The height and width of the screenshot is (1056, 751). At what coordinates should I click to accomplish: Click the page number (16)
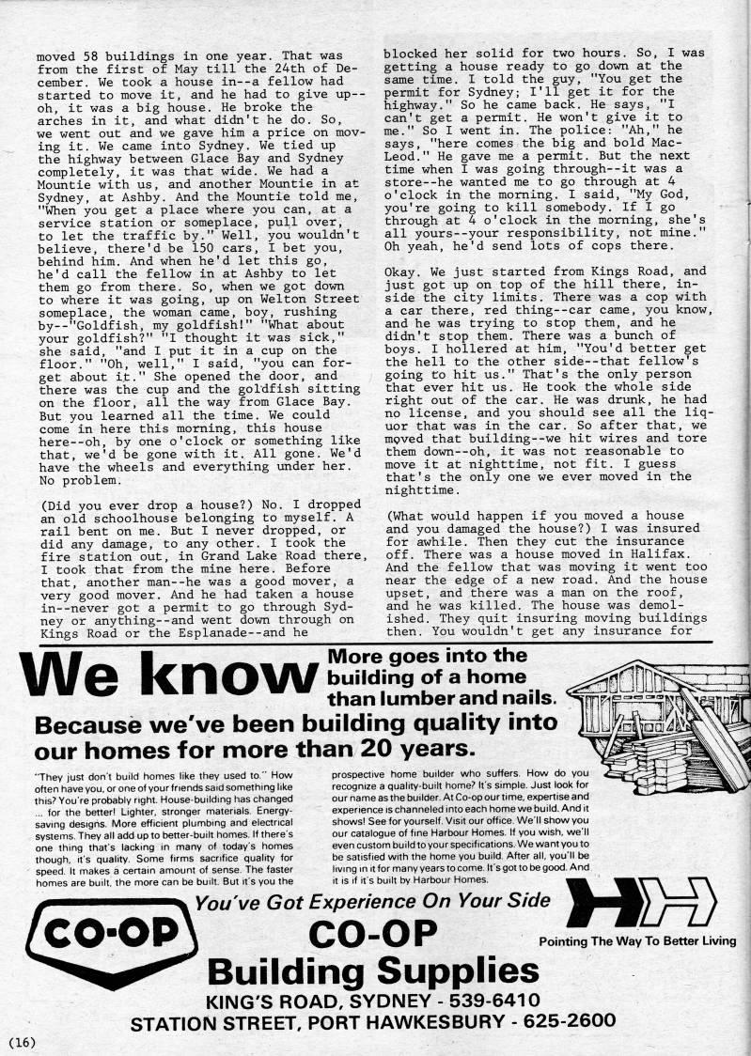pyautogui.click(x=21, y=1042)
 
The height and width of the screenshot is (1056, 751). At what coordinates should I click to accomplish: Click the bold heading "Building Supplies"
pyautogui.click(x=373, y=969)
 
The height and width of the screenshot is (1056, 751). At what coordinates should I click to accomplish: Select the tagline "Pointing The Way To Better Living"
pyautogui.click(x=636, y=941)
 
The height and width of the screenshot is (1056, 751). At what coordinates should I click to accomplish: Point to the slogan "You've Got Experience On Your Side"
pyautogui.click(x=371, y=901)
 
